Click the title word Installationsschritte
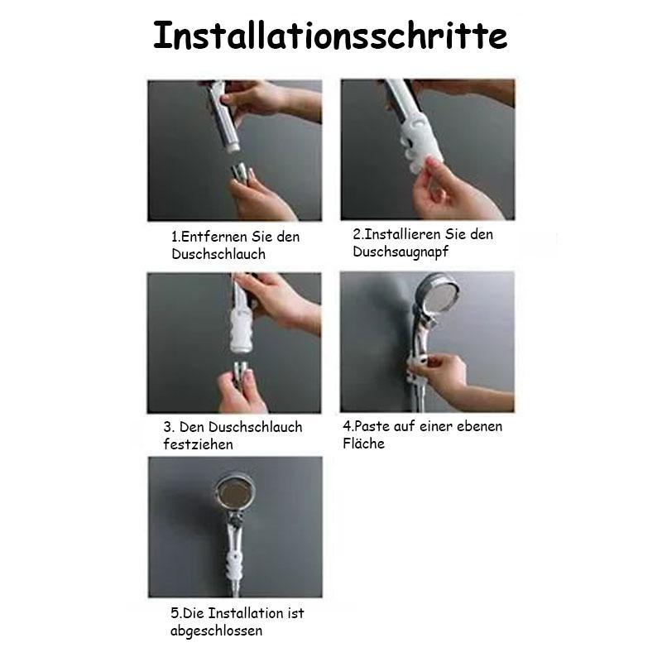330,36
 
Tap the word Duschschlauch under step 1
218,254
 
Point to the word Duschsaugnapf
401,252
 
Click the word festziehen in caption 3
198,444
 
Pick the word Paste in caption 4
372,426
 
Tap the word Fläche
363,444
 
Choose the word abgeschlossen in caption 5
216,631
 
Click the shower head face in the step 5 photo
235,492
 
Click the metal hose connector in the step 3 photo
239,372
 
